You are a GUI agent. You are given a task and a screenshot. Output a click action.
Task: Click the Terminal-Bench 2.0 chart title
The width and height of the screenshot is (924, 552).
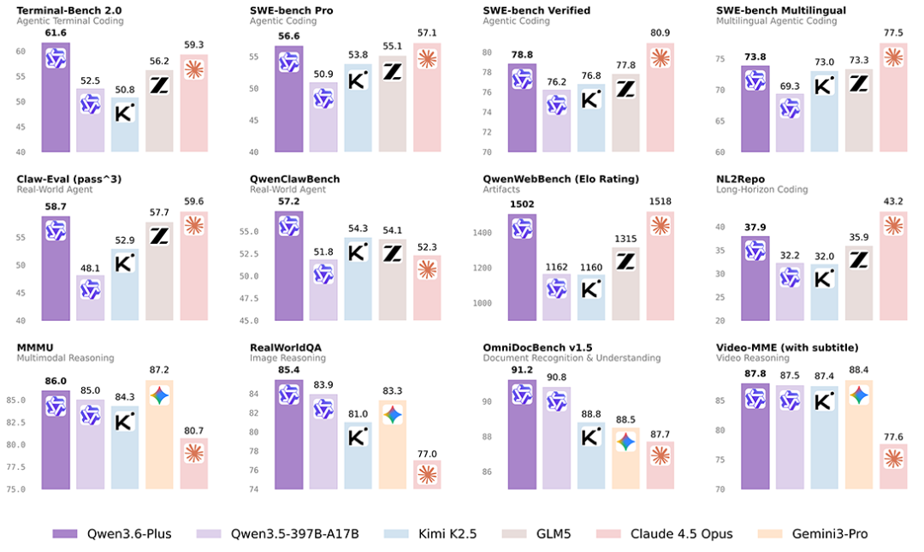pos(69,10)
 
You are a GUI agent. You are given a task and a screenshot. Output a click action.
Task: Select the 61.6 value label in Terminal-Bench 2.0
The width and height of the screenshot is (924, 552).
pos(56,33)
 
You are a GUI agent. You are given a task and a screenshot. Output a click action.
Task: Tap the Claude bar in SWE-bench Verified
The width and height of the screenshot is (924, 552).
pos(660,98)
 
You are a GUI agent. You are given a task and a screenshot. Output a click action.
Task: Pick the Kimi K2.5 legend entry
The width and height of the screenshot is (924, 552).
pos(430,534)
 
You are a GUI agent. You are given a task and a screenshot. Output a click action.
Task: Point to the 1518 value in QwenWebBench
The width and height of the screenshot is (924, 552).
pos(660,201)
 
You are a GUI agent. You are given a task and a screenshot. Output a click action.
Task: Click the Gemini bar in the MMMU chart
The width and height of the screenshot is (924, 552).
pos(160,435)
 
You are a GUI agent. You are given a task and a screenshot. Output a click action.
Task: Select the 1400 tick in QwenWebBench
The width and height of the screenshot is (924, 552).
pos(482,233)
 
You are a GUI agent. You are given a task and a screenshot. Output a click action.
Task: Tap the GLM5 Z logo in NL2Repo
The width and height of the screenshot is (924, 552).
pos(859,260)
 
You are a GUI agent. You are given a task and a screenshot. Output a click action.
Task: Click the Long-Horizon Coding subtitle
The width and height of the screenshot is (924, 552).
pos(761,189)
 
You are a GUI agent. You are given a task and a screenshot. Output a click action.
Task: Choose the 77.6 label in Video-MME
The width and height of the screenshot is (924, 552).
pos(893,437)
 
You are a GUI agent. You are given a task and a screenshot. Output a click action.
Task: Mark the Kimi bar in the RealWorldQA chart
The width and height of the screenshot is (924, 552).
pos(358,455)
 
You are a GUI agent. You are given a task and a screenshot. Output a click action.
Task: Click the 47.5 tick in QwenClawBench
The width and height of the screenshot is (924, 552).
pos(249,299)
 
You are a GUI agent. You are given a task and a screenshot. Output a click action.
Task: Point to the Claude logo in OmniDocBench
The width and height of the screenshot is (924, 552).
pos(660,454)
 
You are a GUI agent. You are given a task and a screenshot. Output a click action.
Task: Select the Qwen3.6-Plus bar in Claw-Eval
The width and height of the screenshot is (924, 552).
pos(56,269)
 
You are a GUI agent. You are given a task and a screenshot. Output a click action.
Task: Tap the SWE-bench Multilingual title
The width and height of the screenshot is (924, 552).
pos(781,10)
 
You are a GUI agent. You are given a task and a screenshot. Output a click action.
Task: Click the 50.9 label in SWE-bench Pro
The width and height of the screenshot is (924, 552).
pos(323,74)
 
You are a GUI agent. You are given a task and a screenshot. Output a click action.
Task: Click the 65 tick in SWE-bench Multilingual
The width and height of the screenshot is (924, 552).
pos(720,121)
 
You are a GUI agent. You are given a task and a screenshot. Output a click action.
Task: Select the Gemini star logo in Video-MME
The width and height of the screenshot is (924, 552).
pos(859,395)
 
